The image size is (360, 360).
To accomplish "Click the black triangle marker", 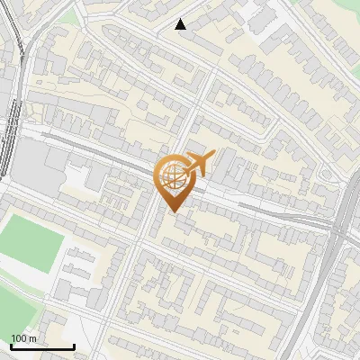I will (180, 24).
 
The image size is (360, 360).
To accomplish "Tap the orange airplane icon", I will (200, 164).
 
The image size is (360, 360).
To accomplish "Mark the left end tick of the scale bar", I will (11, 346).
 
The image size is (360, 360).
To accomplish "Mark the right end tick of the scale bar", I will (74, 346).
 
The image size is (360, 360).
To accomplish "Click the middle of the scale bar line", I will (42, 347).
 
